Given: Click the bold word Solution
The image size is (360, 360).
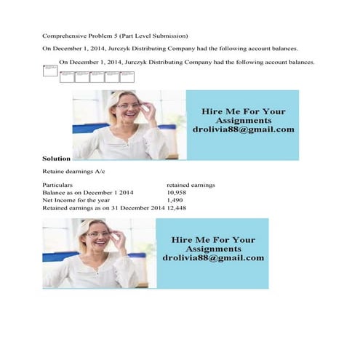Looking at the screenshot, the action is pyautogui.click(x=57, y=158).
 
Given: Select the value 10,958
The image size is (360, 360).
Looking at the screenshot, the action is pyautogui.click(x=178, y=192).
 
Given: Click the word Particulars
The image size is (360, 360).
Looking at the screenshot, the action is pyautogui.click(x=58, y=185).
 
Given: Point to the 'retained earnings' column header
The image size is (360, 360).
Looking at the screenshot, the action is pyautogui.click(x=191, y=185).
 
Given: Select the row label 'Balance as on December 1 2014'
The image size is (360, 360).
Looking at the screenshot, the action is pyautogui.click(x=88, y=192).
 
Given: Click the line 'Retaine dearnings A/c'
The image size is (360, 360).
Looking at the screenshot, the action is pyautogui.click(x=74, y=172).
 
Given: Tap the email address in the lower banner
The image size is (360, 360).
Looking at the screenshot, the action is pyautogui.click(x=213, y=257).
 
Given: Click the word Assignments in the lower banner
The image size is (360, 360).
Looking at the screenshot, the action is pyautogui.click(x=213, y=249).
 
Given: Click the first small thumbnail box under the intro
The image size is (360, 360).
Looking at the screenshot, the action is pyautogui.click(x=49, y=71).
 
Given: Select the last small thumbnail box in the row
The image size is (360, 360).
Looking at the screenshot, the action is pyautogui.click(x=127, y=76).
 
